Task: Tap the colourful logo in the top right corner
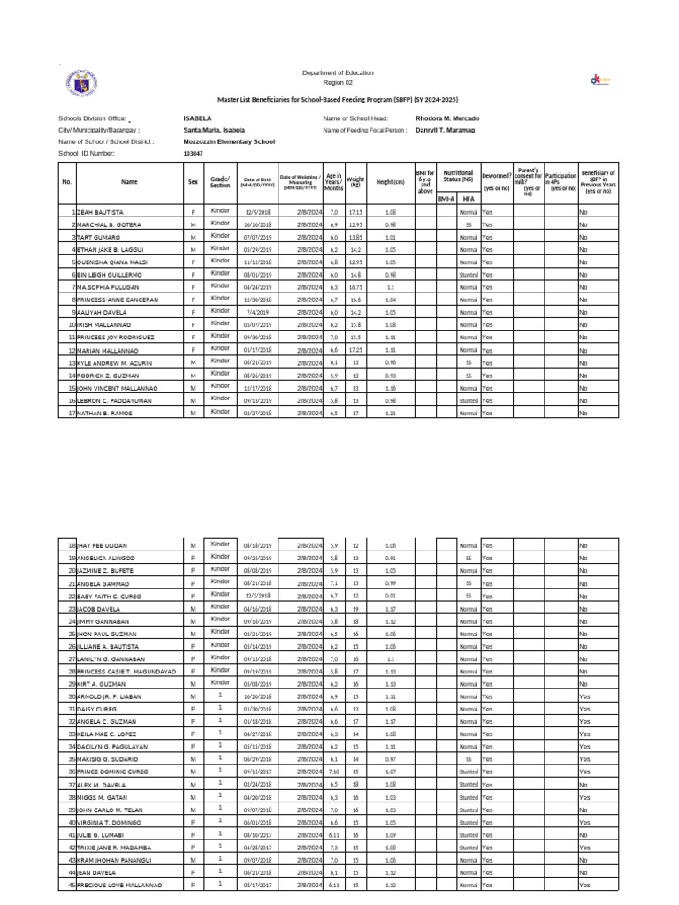coord(600,81)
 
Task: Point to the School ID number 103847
coord(193,153)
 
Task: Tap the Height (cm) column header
coord(390,182)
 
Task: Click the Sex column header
coord(193,182)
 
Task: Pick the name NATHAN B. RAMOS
coord(104,413)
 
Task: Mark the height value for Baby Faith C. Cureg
coord(390,597)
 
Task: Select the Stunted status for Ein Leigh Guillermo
coord(468,276)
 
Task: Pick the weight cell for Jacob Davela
coord(355,609)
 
